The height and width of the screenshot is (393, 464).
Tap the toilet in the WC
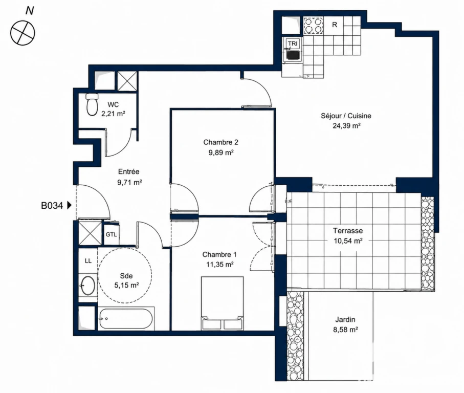click(x=92, y=104)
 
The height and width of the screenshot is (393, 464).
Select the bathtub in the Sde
click(x=126, y=319)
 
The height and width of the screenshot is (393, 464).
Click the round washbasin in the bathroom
click(x=88, y=286)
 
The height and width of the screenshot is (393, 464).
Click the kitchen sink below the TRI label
click(x=293, y=55)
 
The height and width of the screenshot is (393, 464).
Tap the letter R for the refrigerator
click(x=335, y=25)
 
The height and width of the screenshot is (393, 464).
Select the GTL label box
click(x=111, y=234)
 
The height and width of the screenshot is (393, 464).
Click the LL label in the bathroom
click(x=88, y=260)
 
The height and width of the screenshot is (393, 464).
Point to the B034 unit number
click(x=52, y=205)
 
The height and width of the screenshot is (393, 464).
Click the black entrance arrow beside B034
click(x=70, y=205)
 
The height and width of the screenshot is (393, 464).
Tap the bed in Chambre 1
click(x=222, y=303)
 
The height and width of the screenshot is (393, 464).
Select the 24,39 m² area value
click(x=346, y=126)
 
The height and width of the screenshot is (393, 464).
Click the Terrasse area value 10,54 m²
click(x=348, y=241)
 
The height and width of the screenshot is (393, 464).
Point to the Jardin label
click(x=345, y=319)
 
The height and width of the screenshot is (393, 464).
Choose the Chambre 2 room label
click(x=221, y=142)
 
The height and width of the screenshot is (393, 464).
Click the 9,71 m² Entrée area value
click(x=129, y=182)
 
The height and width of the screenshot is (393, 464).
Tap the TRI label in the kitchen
click(x=293, y=43)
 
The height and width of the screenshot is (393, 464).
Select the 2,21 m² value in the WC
click(x=113, y=114)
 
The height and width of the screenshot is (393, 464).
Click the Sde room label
click(x=126, y=276)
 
